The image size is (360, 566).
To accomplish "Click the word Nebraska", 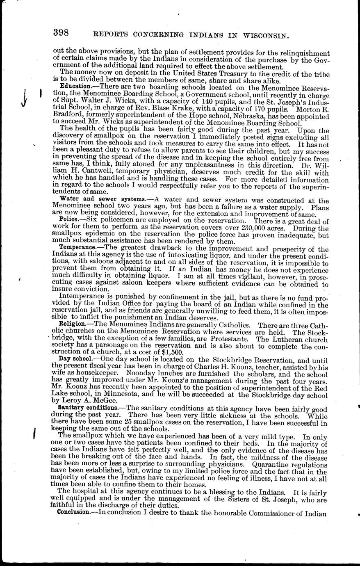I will click(x=237, y=116).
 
